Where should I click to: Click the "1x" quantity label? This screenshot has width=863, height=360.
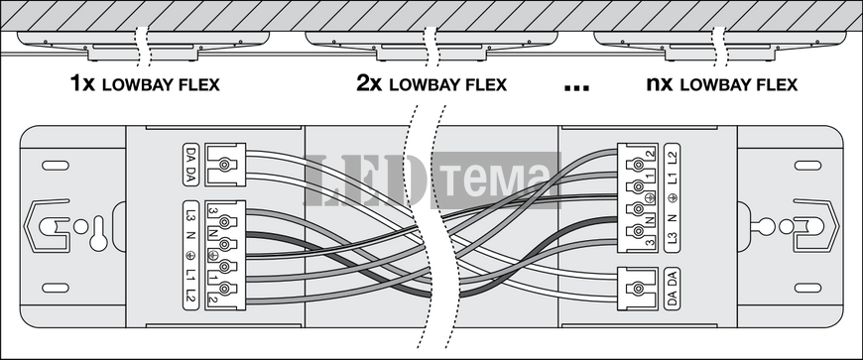[83, 84]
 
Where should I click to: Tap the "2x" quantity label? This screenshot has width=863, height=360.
[369, 84]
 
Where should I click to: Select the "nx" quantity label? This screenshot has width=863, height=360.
[661, 84]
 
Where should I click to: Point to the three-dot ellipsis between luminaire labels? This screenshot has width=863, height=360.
[577, 88]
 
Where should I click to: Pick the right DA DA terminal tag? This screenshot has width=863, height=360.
[672, 288]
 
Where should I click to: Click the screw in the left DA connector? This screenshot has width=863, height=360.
[224, 166]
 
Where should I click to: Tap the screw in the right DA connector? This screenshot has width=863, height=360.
[639, 288]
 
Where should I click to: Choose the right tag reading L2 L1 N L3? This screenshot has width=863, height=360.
[672, 198]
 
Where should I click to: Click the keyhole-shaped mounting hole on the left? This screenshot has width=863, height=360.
[98, 234]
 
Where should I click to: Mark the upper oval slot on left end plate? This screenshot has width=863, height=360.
[56, 166]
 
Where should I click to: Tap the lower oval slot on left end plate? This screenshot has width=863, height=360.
[56, 288]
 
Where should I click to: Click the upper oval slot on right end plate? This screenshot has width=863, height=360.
[807, 166]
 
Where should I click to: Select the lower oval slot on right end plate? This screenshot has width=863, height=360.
[807, 288]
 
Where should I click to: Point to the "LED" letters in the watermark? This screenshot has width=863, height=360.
[367, 180]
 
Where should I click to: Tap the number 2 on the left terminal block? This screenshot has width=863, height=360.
[212, 300]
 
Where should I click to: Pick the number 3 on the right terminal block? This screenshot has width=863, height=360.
[650, 242]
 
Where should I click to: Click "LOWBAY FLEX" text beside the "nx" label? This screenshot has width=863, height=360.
[739, 84]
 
